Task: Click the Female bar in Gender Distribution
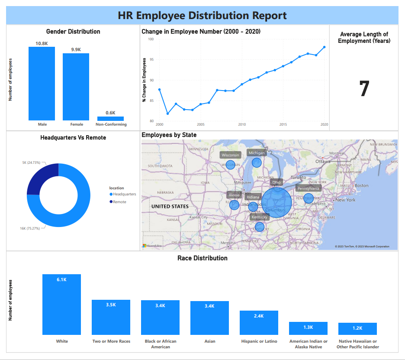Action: coord(76,87)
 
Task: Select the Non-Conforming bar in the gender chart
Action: coord(110,118)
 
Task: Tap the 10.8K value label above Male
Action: coord(42,43)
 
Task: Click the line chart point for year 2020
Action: coord(325,47)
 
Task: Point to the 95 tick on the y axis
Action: coord(151,59)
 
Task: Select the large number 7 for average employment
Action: coord(364,88)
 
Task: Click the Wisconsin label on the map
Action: coord(230,155)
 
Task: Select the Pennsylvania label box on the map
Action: coord(309,188)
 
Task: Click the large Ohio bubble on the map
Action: coord(276,202)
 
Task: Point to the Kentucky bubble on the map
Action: coord(259,227)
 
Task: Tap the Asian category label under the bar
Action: coord(209,341)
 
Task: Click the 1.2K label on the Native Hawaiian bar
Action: coord(357,328)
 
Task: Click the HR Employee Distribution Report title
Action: coord(202,16)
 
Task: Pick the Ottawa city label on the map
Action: coord(322,161)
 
